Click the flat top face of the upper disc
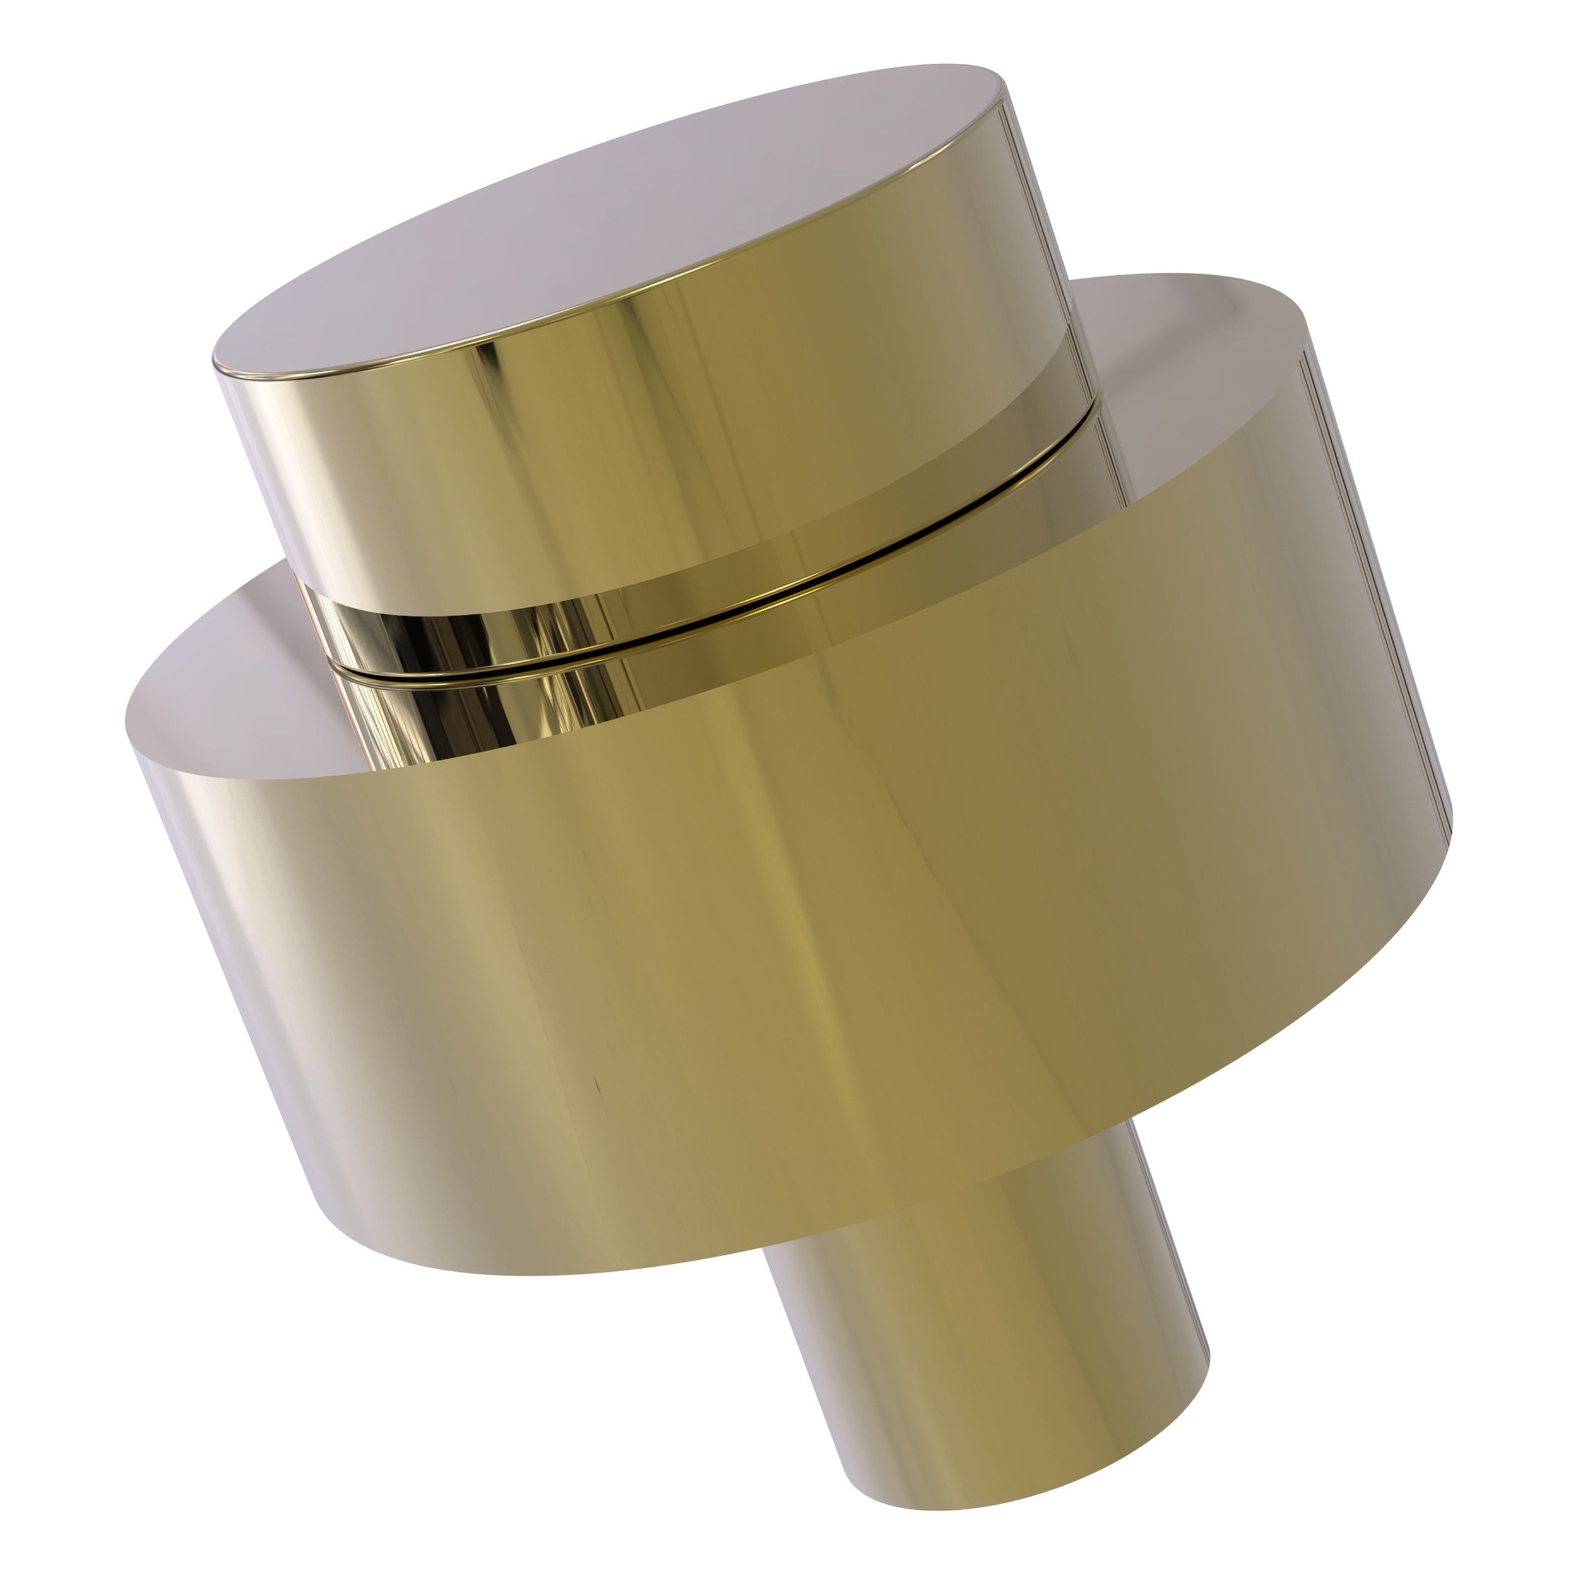tap(605, 228)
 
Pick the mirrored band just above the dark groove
tap(458, 629)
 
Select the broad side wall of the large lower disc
tap(817, 939)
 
